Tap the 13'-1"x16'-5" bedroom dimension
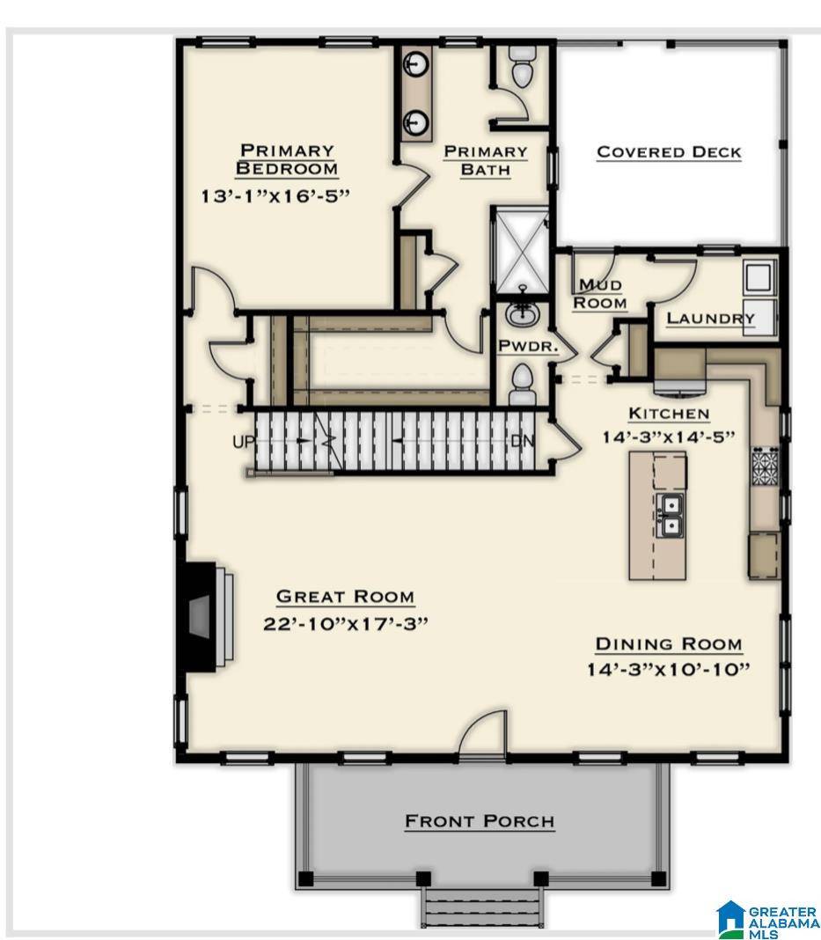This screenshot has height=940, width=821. click(275, 195)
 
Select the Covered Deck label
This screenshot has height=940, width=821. click(669, 151)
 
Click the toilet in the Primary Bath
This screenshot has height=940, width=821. click(522, 67)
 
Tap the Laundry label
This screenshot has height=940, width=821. click(710, 319)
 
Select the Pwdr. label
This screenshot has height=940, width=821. click(528, 346)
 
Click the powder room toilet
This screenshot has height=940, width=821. click(522, 384)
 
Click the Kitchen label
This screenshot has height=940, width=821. click(669, 413)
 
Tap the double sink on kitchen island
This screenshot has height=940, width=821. click(671, 515)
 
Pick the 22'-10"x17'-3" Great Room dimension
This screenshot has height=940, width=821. click(345, 623)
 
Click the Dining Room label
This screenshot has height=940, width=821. click(669, 644)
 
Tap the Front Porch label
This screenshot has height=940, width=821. click(480, 821)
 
